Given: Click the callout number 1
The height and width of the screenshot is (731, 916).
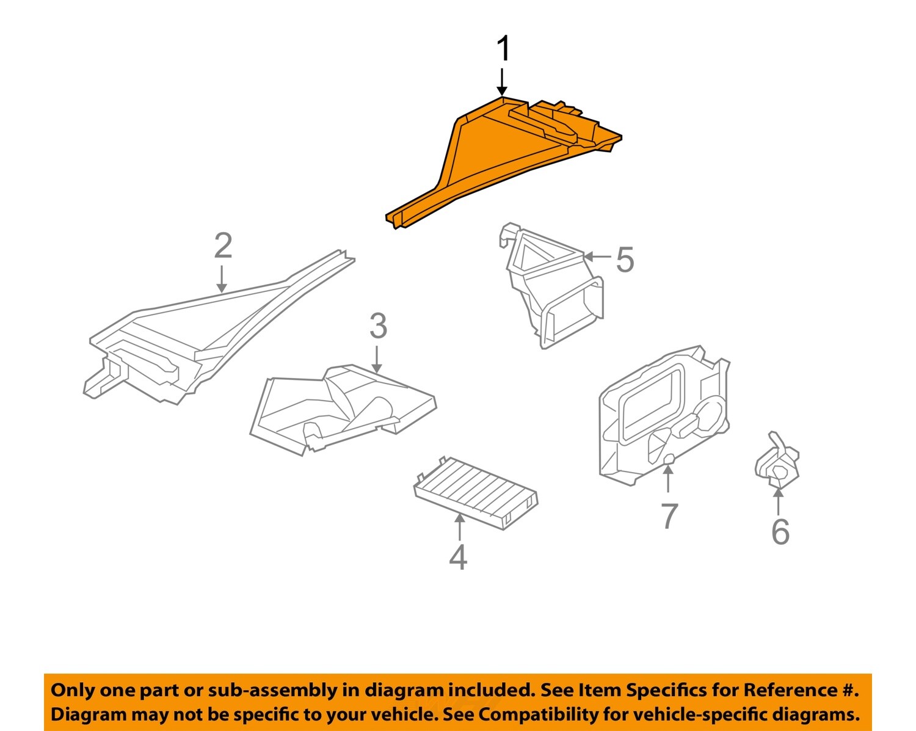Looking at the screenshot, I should (503, 49).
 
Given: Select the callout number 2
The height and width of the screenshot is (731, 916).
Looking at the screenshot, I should (223, 246).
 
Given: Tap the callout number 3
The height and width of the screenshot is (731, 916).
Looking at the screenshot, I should (378, 326).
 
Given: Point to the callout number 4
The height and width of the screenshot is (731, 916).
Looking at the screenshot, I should (458, 557).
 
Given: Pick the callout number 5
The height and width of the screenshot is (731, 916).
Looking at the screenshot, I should (625, 260).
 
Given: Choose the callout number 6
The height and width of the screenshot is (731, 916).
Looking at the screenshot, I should (780, 532).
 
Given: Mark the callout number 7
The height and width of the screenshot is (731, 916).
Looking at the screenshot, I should (669, 517).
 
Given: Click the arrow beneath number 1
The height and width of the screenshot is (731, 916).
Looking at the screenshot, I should (502, 82).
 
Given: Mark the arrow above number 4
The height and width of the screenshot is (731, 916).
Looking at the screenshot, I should (459, 526).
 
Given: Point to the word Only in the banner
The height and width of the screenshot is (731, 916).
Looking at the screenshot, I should (72, 690).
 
